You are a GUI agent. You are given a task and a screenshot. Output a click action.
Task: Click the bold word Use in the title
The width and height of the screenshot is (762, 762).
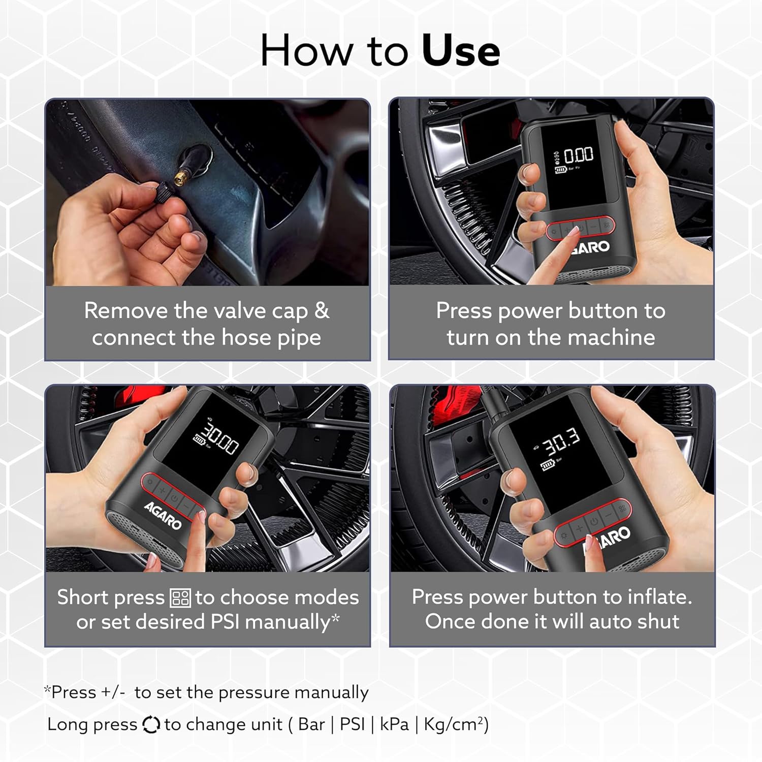coord(461,51)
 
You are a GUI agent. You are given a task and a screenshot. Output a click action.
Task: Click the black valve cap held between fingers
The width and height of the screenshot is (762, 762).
coord(164,192)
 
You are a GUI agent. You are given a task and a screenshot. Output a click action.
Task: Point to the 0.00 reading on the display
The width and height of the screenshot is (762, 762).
coord(579,154)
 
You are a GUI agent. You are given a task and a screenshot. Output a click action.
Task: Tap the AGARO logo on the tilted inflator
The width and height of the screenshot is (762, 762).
coord(163,515)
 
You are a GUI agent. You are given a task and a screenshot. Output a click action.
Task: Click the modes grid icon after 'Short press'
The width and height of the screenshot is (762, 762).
coord(180,598)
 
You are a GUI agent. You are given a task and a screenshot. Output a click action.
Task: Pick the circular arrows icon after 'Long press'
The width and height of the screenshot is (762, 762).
coord(151,724)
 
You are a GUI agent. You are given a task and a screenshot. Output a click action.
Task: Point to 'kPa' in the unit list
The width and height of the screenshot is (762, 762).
coord(394,724)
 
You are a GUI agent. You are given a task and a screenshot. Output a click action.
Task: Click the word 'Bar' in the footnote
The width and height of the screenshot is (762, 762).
coord(311,724)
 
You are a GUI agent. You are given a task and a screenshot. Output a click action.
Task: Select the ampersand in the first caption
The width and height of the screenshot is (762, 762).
coord(322,310)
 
